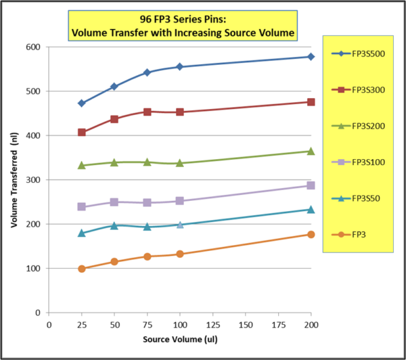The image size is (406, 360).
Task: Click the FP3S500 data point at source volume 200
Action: [x=311, y=57]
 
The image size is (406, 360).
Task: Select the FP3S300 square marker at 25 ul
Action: [x=82, y=133]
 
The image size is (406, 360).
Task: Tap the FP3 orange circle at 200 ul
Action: [x=311, y=234]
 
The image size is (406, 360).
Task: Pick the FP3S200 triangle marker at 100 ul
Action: [x=180, y=163]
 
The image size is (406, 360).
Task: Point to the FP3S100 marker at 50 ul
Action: [x=114, y=202]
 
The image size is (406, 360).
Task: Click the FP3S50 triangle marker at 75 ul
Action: [x=147, y=227]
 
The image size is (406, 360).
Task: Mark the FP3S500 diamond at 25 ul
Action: [x=82, y=104]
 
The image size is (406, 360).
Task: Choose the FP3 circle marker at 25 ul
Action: [x=82, y=269]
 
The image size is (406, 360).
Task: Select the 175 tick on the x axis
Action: [x=278, y=324]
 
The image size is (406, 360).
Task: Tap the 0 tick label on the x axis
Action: [x=49, y=324]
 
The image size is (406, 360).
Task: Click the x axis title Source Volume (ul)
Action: [x=179, y=338]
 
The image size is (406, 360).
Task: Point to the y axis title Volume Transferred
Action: [x=14, y=179]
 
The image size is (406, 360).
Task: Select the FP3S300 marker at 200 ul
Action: [x=311, y=102]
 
